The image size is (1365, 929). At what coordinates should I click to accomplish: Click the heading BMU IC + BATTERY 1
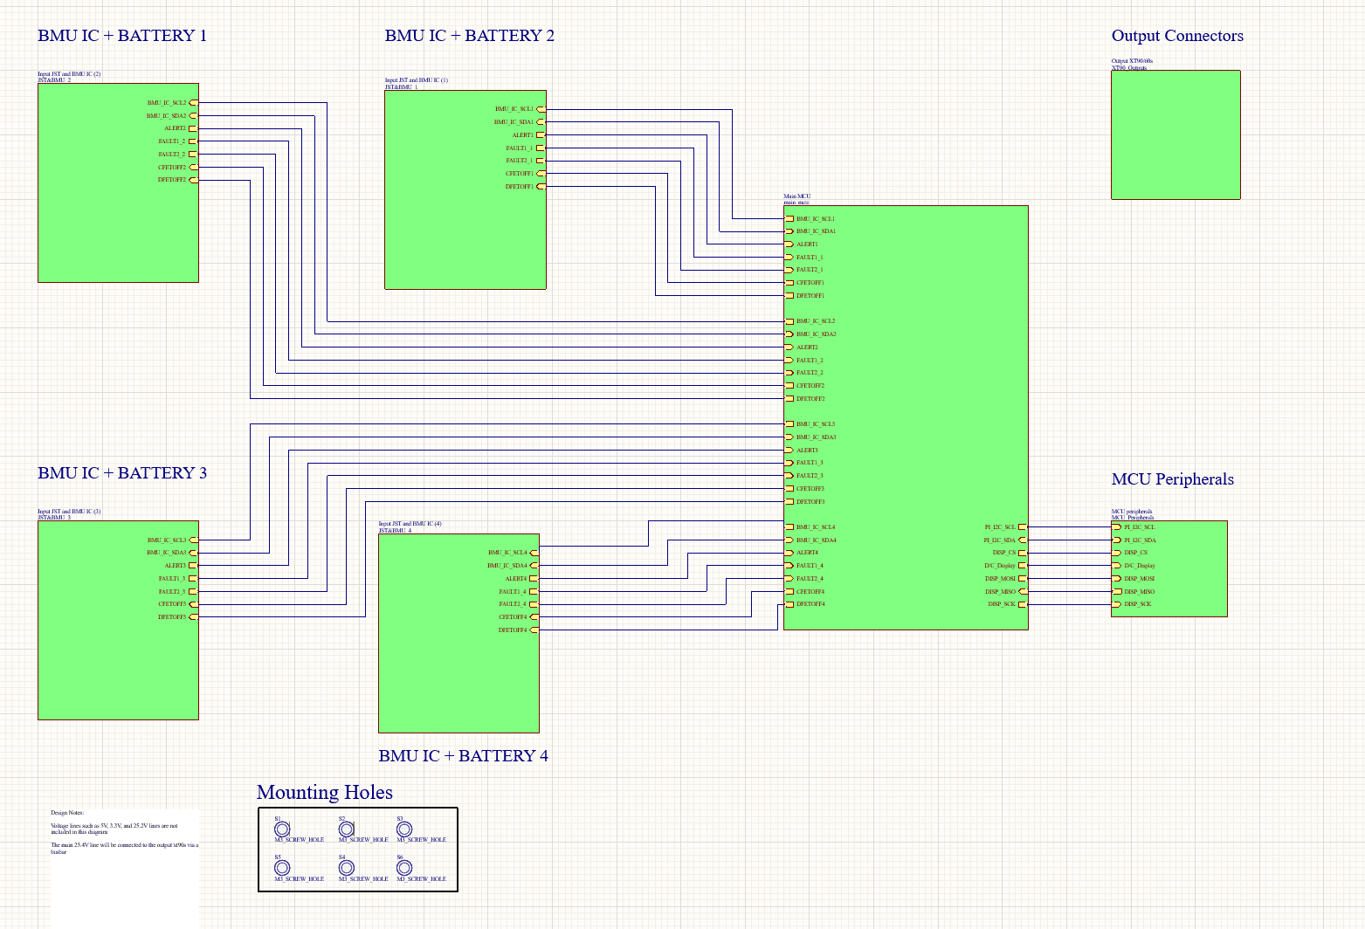tap(122, 36)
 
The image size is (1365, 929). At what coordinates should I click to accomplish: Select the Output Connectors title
tap(1176, 36)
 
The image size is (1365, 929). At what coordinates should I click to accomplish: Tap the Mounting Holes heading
tap(324, 792)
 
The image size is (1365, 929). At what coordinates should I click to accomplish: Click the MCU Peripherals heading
tap(1172, 479)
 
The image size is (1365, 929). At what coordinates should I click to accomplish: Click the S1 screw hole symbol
tap(282, 829)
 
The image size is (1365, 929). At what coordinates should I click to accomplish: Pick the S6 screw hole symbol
tap(404, 868)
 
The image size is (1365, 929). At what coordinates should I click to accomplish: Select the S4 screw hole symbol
tap(346, 868)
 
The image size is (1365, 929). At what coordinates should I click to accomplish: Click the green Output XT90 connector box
tap(1175, 134)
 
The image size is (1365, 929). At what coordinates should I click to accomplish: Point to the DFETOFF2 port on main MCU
tap(789, 399)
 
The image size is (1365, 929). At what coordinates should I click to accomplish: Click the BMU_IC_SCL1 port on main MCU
tap(789, 219)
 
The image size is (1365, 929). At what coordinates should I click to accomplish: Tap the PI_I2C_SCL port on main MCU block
tap(1022, 527)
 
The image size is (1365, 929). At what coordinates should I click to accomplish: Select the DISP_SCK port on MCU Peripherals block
tap(1117, 604)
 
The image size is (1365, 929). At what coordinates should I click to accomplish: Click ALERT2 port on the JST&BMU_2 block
tap(193, 128)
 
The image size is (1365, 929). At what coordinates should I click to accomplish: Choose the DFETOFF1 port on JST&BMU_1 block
tap(541, 187)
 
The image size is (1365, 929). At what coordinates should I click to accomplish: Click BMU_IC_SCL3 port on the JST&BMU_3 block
tap(193, 540)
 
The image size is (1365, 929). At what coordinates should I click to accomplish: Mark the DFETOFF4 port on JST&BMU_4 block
tap(534, 630)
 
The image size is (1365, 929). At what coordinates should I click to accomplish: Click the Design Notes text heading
tap(67, 813)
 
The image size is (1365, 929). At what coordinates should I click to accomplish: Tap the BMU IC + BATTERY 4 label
tap(463, 756)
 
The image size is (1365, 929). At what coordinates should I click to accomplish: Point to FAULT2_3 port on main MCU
tap(789, 476)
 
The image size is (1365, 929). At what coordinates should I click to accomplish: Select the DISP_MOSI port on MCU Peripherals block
tap(1117, 579)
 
